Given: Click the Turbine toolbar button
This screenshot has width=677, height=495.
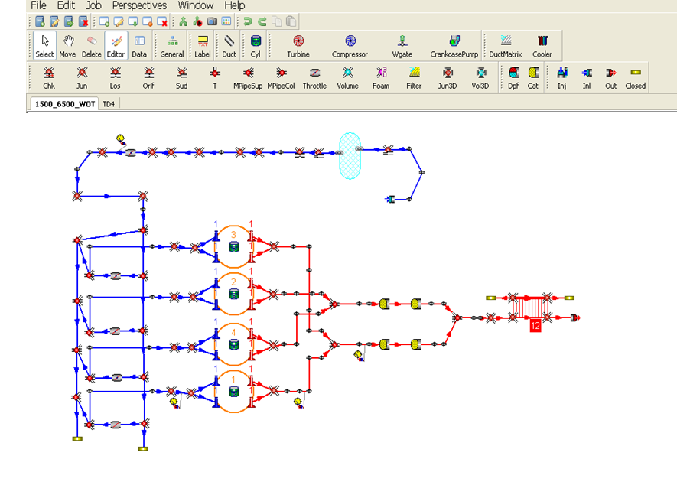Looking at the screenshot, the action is click(298, 45).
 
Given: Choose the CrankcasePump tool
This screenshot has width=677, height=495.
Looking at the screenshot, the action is click(454, 45).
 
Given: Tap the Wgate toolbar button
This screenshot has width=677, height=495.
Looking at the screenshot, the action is click(402, 45).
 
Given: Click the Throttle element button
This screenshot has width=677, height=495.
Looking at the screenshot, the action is click(314, 78).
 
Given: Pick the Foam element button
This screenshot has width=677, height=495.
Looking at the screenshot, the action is click(381, 78).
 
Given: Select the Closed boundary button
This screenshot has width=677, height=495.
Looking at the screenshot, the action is click(635, 78).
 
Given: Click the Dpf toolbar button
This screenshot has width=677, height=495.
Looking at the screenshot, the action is click(513, 78).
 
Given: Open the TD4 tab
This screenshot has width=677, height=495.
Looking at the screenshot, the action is click(109, 104).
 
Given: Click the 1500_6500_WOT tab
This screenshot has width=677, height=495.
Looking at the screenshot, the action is click(65, 104).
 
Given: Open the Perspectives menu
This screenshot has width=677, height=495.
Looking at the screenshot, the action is click(139, 5).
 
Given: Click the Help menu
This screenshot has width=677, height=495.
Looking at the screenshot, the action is click(234, 5).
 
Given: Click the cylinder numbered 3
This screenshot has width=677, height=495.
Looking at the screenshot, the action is click(233, 246).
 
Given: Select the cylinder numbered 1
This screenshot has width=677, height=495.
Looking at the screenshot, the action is click(233, 392).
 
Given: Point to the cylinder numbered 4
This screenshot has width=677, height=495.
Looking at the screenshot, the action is click(233, 344).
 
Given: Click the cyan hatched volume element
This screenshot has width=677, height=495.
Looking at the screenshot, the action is click(350, 155).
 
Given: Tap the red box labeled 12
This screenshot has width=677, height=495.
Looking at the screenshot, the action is click(535, 326).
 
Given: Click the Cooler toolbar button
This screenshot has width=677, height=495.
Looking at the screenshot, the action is click(542, 45).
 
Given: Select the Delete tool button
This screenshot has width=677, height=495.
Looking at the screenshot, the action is click(92, 45).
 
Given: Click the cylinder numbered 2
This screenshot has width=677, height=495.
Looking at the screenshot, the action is click(233, 294).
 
